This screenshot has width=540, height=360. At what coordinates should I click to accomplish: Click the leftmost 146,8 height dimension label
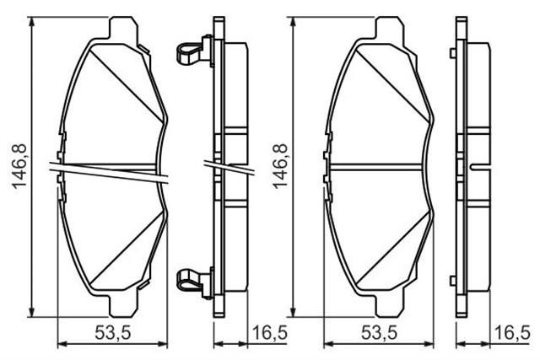click(x=19, y=166)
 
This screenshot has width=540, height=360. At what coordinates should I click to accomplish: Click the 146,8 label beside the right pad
click(x=280, y=166)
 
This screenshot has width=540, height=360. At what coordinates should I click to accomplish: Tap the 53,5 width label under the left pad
click(x=113, y=333)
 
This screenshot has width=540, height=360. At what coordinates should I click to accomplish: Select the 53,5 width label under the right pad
click(x=379, y=333)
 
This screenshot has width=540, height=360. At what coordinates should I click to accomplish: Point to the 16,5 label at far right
click(x=513, y=333)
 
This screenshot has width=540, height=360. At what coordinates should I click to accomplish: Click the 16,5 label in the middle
click(x=270, y=333)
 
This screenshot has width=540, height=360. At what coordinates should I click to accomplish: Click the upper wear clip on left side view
click(x=191, y=51)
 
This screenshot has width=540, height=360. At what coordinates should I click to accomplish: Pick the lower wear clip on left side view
click(x=191, y=282)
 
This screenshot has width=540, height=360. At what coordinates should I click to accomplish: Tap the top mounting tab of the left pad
click(x=124, y=27)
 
